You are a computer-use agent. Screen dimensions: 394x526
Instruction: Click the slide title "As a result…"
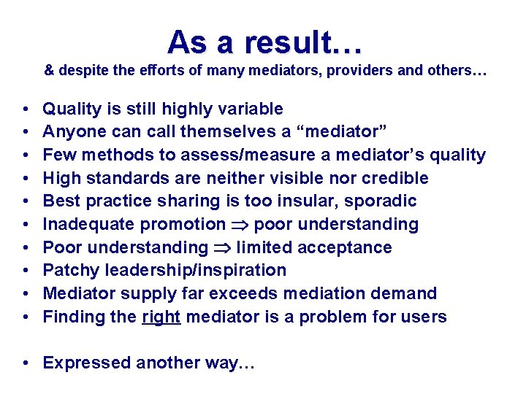(264, 42)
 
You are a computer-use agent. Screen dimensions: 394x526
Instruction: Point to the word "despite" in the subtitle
(80, 72)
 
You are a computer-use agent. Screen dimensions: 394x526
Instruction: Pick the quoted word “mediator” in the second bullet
(346, 132)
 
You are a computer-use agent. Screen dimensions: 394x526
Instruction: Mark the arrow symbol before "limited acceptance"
(222, 248)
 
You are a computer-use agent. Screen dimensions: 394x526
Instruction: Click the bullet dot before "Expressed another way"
(26, 363)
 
